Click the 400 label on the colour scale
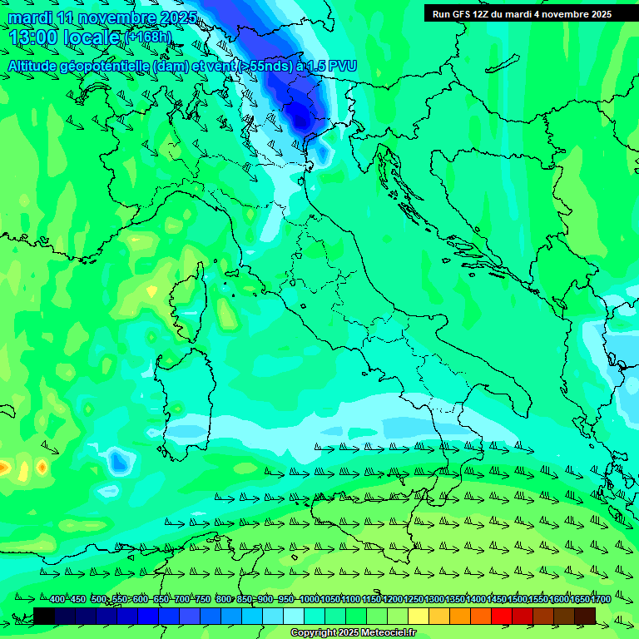57,600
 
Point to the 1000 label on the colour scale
309,600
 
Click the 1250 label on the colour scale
414,600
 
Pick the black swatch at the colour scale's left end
44,615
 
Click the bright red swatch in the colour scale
502,615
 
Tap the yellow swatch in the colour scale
419,615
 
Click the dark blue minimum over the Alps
297,114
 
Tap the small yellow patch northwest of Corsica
151,290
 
